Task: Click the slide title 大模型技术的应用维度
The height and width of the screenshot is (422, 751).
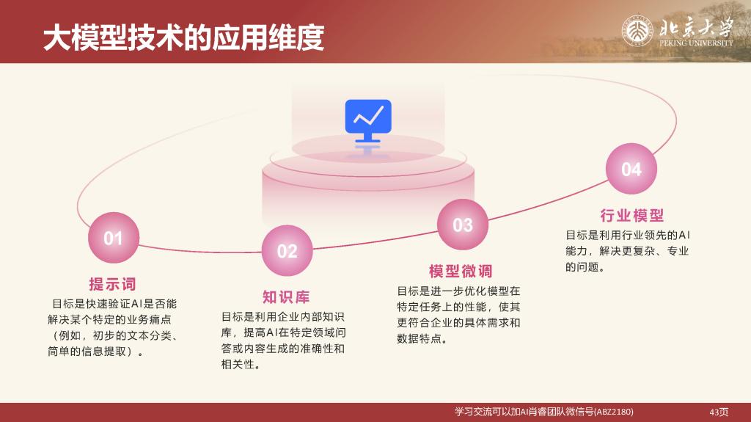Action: (x=183, y=38)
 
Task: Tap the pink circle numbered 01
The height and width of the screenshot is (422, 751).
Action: (x=114, y=237)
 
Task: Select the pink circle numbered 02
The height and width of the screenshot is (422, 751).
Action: (x=287, y=250)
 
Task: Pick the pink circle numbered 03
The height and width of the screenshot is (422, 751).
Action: (x=463, y=225)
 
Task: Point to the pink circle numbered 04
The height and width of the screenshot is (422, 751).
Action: (x=631, y=169)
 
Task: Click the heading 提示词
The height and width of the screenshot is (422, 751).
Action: (x=112, y=284)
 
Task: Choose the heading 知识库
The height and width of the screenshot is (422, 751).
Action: (x=286, y=297)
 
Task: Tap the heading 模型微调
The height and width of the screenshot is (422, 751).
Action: (x=461, y=271)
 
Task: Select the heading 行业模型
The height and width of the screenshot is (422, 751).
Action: (x=632, y=215)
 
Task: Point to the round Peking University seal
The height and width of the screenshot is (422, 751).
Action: (x=637, y=31)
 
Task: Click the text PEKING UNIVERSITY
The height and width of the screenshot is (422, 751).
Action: (x=696, y=43)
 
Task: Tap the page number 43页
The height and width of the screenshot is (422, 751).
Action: (x=719, y=412)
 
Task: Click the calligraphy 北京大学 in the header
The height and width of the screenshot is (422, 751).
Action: (x=696, y=27)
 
